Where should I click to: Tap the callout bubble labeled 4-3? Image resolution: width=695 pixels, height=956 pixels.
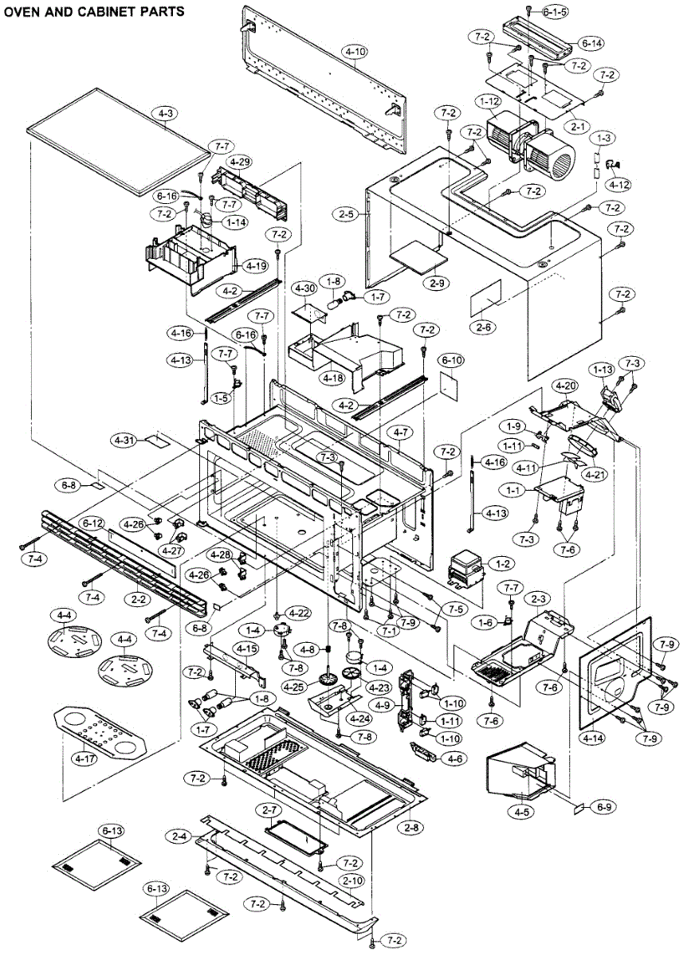(165, 113)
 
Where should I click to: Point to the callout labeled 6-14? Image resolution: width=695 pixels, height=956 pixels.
(591, 43)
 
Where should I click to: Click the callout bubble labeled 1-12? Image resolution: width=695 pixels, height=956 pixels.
(489, 102)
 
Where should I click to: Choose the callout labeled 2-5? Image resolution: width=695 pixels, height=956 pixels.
(346, 214)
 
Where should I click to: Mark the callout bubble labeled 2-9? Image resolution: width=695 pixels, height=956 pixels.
(437, 283)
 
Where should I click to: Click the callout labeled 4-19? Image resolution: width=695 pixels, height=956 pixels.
(256, 266)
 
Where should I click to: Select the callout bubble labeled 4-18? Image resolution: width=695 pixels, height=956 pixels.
(333, 378)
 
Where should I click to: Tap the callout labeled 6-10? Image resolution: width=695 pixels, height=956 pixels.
(452, 361)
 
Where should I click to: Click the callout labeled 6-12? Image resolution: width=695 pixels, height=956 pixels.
(93, 523)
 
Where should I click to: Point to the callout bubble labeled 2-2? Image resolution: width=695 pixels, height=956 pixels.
(139, 599)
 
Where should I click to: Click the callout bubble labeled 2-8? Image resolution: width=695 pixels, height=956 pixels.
(411, 828)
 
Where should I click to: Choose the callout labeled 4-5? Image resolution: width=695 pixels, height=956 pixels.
(522, 812)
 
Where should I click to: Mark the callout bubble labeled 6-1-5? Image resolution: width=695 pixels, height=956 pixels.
(555, 12)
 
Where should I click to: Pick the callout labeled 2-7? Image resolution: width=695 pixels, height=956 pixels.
(269, 809)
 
